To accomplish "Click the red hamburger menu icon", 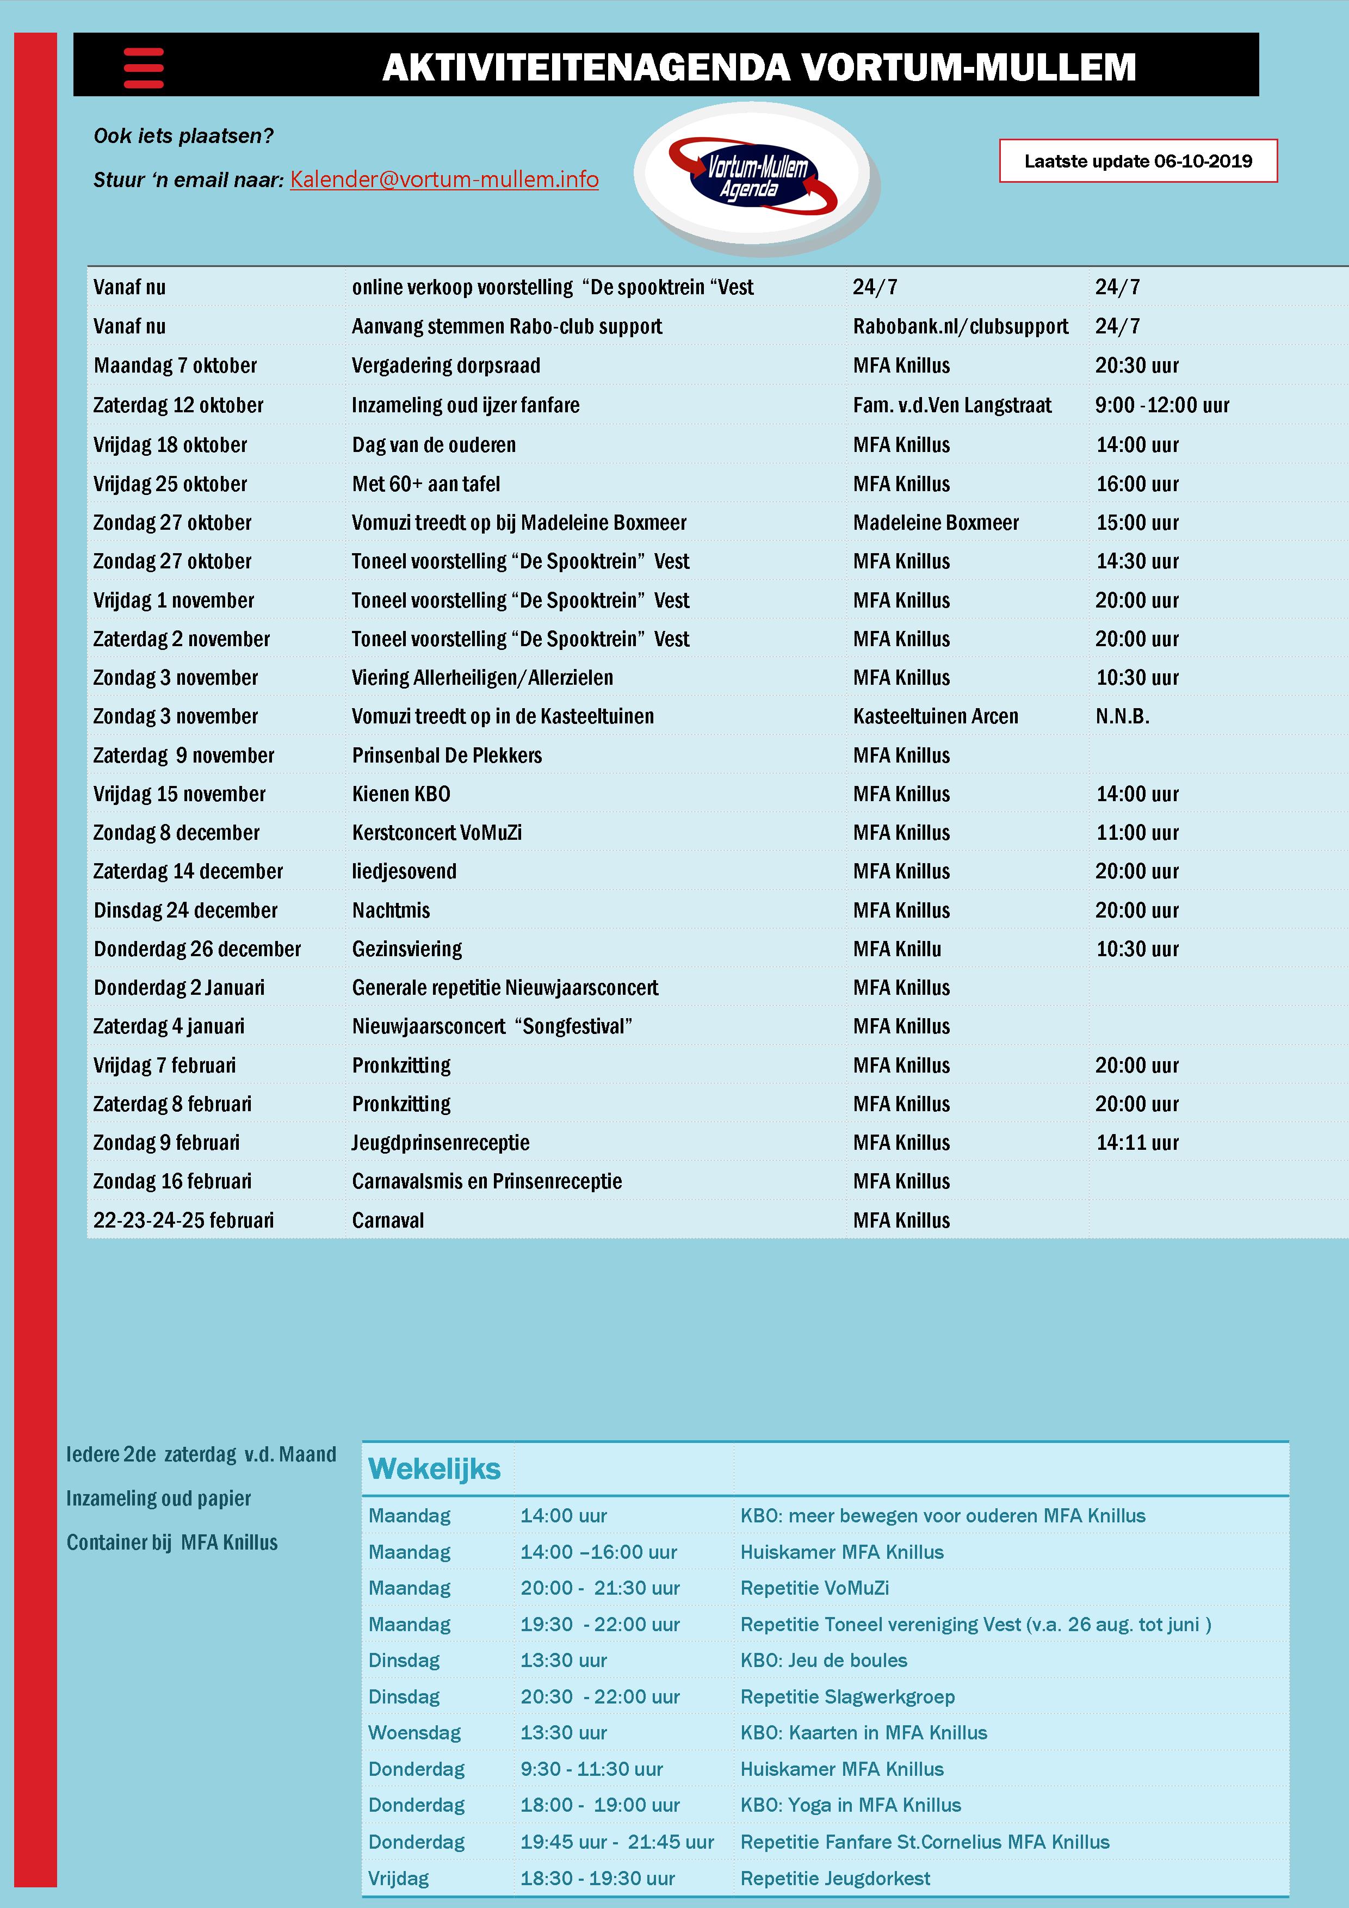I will (x=144, y=67).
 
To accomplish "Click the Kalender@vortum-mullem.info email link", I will (x=444, y=179).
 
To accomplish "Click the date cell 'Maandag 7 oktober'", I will (x=175, y=366).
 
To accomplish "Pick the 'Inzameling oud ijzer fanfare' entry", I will (x=466, y=406).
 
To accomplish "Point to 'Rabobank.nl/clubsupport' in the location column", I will (x=960, y=326).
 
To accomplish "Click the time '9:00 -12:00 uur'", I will (x=1161, y=406).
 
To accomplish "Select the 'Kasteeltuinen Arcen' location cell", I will (x=935, y=716).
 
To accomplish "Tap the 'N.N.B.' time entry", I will (x=1122, y=716).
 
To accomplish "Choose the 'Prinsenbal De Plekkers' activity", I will (x=447, y=755).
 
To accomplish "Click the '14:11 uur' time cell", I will (x=1136, y=1143).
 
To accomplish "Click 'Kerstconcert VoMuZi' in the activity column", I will (x=436, y=833).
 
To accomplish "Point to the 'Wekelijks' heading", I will (x=434, y=1469).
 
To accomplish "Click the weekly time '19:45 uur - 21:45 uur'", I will (x=617, y=1842).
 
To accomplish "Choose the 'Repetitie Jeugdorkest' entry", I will (x=834, y=1878).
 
